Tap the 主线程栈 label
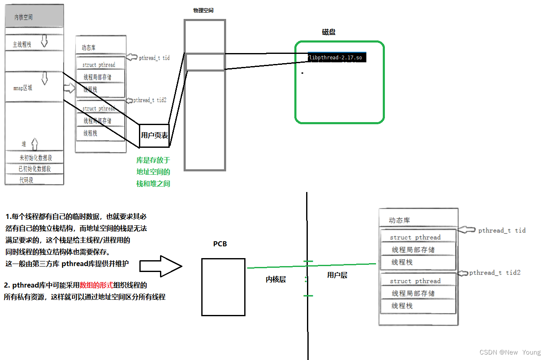(22, 44)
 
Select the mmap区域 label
(23, 88)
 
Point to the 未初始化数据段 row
(35, 158)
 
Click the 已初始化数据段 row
(35, 169)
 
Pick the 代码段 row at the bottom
(26, 180)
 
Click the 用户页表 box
(154, 136)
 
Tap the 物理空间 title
(203, 10)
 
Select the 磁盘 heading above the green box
(329, 32)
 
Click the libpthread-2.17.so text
(335, 57)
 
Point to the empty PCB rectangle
(223, 287)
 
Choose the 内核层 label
(276, 279)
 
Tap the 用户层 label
(337, 275)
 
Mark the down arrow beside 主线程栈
(44, 41)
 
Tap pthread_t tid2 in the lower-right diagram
(494, 273)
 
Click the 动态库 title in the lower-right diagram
(400, 220)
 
